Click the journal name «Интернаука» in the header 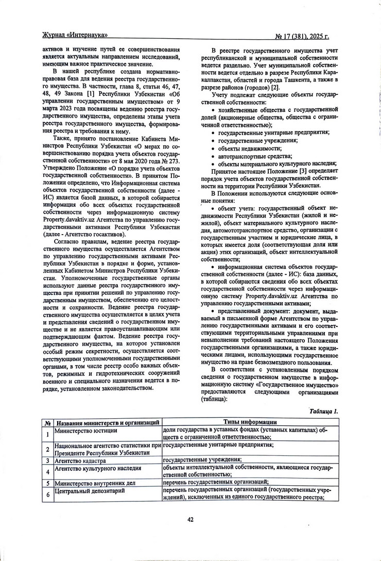(x=84, y=36)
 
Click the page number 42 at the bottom (x=190, y=519)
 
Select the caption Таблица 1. (x=323, y=411)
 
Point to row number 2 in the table (x=47, y=448)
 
